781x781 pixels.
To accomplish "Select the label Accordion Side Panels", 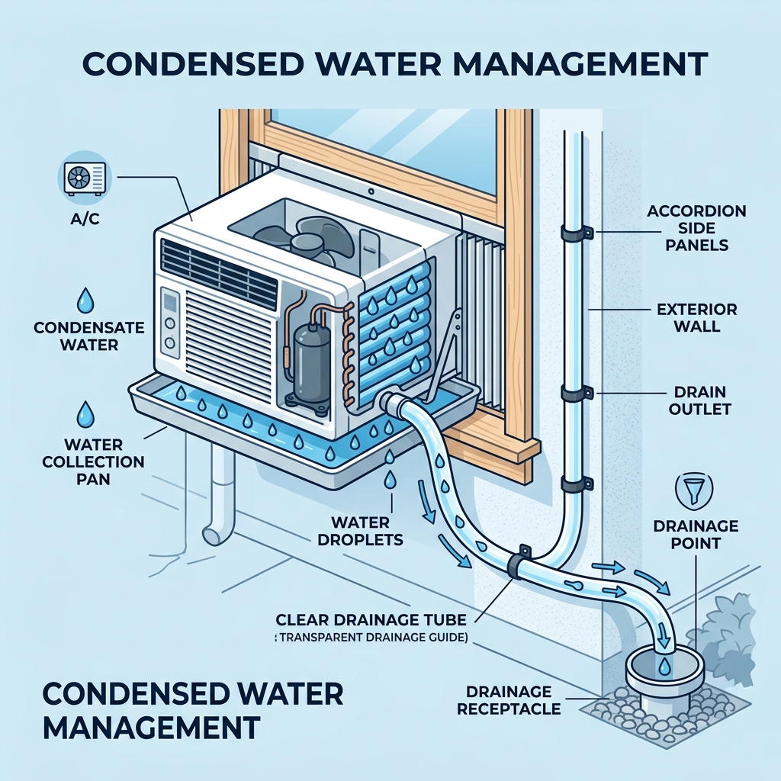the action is click(x=697, y=227).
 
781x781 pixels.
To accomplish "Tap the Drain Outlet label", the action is click(x=699, y=400).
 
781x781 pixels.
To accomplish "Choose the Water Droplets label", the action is click(x=360, y=531).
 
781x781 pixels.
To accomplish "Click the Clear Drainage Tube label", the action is click(x=371, y=619).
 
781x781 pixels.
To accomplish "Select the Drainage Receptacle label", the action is click(x=509, y=700).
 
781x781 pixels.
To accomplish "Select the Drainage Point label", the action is click(x=696, y=535).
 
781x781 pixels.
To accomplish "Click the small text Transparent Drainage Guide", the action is click(x=371, y=638).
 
